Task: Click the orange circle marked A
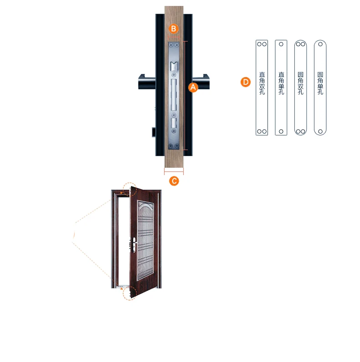193,87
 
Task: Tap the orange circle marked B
174,28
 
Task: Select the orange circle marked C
174,181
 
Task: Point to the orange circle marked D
246,82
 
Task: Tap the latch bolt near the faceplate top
174,67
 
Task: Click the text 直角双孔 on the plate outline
262,83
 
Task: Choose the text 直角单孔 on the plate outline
281,83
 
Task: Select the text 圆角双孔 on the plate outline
300,83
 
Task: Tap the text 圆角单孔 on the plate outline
320,83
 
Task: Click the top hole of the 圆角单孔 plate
320,45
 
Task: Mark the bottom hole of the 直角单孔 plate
281,131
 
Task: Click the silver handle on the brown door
134,244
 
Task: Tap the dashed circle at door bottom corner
129,293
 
